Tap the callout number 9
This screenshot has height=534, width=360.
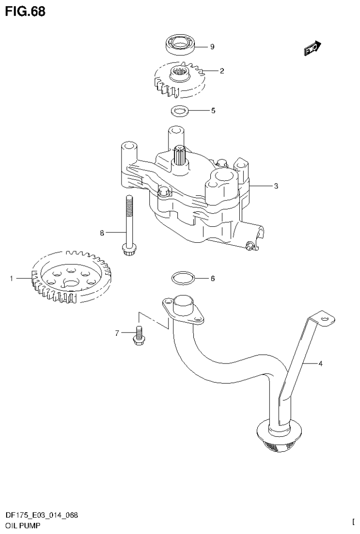click(212, 46)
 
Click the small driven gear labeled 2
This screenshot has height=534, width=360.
click(179, 77)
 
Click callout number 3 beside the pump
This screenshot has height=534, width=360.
click(276, 186)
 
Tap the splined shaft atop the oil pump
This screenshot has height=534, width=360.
click(180, 155)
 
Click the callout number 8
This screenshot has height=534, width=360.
click(101, 232)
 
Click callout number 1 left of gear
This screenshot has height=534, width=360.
click(11, 279)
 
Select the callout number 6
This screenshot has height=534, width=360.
click(212, 279)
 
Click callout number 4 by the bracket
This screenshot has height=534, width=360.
click(321, 363)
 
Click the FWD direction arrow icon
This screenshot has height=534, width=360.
click(312, 48)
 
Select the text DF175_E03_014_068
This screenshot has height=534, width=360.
click(42, 515)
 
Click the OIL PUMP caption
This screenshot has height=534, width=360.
click(23, 525)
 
